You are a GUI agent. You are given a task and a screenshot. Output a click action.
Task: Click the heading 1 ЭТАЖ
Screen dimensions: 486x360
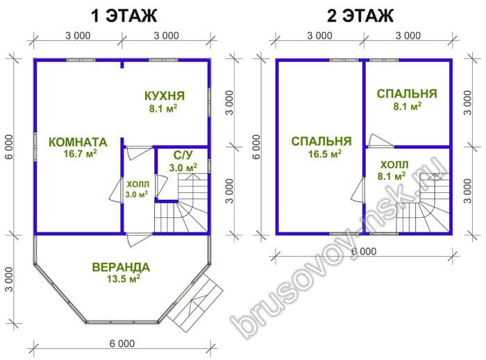124,16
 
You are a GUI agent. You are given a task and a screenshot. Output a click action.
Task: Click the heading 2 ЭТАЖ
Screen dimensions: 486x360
360,16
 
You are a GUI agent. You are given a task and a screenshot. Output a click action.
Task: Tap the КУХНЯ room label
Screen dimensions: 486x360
165,96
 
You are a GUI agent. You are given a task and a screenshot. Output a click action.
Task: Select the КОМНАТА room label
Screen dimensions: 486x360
78,142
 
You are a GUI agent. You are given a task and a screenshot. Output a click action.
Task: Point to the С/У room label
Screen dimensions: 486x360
183,155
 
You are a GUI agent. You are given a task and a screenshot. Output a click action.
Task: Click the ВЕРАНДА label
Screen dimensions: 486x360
121,267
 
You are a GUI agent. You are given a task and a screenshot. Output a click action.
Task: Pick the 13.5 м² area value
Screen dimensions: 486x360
124,278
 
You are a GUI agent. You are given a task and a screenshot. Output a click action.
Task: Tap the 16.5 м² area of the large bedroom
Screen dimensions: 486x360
325,153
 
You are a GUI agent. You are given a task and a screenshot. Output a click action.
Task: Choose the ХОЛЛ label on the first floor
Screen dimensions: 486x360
138,185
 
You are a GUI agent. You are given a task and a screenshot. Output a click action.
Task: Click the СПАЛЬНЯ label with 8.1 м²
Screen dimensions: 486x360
407,94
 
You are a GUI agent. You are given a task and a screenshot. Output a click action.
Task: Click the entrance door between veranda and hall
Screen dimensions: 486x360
139,239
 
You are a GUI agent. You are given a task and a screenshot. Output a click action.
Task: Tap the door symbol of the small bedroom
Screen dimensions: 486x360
379,141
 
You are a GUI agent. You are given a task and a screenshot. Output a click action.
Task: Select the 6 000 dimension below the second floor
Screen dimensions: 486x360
364,251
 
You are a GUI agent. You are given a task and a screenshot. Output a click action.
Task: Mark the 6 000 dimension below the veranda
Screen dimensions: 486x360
121,343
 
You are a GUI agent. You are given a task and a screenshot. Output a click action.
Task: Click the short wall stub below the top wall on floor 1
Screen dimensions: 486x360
122,65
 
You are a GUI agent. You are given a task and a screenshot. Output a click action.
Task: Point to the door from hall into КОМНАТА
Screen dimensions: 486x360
116,191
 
